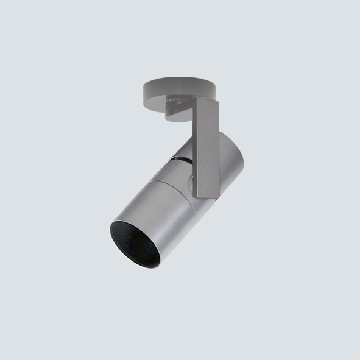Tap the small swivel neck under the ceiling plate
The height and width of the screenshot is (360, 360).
177,110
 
